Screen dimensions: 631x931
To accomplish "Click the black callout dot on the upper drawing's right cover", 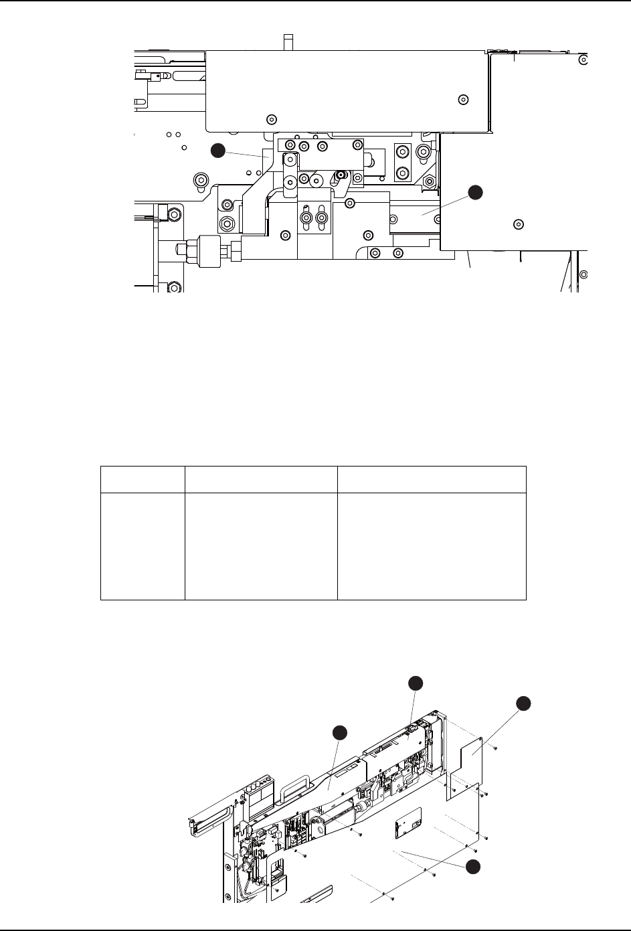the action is point(474,192).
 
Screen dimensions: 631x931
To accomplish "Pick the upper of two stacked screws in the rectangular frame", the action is point(402,153).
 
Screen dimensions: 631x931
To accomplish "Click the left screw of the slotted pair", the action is point(306,218).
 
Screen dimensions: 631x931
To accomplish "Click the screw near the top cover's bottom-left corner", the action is point(271,120).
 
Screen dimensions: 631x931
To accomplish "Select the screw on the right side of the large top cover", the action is point(462,100).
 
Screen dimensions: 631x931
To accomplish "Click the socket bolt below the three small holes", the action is point(199,180).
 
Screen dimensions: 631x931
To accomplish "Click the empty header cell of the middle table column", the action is point(261,479).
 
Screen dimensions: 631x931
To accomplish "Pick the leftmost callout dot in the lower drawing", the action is point(340,732).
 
